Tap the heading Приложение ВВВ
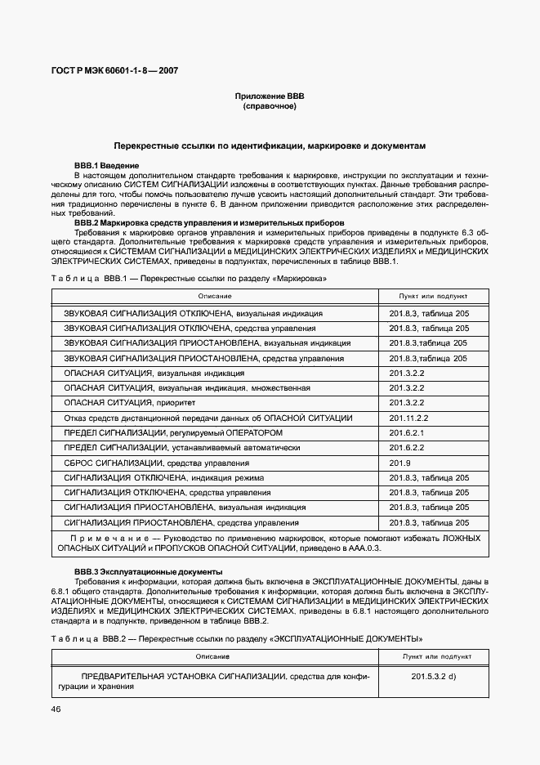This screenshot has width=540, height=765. (269, 96)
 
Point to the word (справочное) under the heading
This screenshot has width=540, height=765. (269, 106)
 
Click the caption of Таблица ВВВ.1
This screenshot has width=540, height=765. (189, 279)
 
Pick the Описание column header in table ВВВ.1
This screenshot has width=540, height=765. (214, 295)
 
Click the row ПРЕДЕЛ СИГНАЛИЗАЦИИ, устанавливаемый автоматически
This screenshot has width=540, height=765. (182, 448)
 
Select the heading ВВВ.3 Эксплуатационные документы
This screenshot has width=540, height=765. (148, 570)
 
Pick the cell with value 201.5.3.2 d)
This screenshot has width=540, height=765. (434, 677)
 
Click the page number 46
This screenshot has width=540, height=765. (56, 709)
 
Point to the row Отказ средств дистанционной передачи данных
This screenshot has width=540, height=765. (208, 418)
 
